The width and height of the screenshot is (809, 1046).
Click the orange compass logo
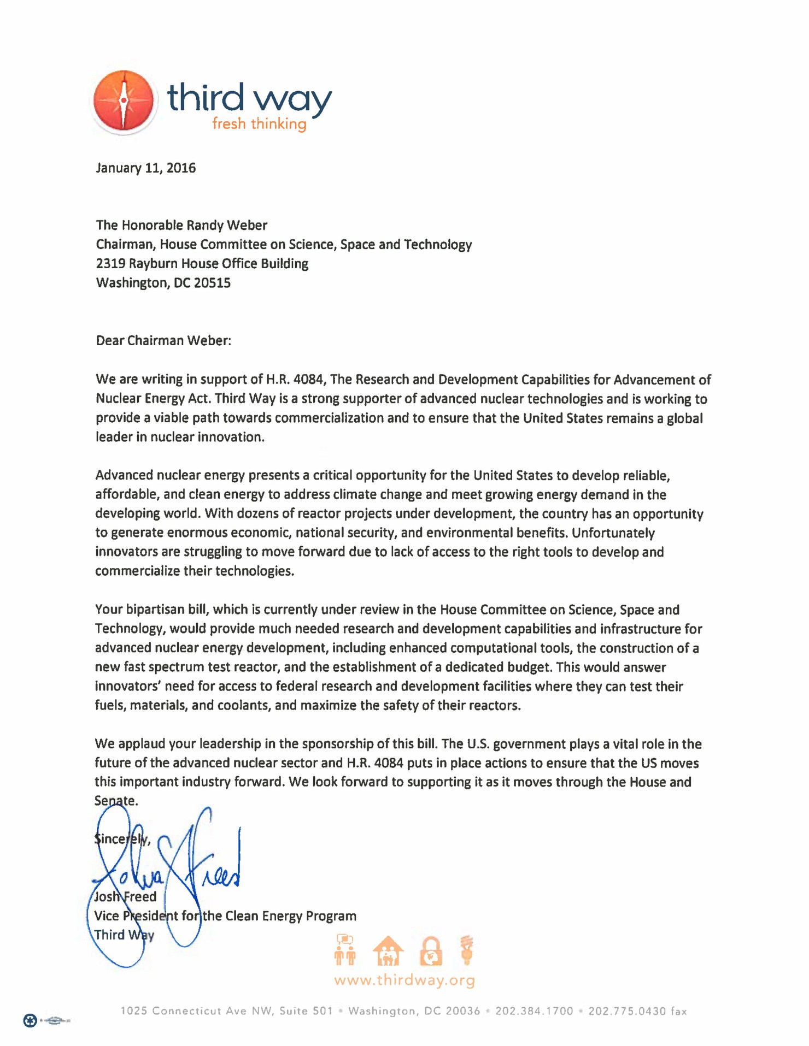point(124,102)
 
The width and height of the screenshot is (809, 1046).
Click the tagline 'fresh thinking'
point(259,124)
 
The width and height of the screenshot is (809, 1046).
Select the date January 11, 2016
point(146,168)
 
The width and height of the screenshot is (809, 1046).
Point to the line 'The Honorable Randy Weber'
point(181,225)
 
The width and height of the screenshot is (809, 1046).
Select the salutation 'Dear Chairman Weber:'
point(163,340)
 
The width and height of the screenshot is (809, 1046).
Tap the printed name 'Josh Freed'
point(125,896)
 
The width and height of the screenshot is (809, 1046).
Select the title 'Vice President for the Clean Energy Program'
point(225,916)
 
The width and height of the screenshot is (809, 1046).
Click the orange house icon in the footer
point(388,951)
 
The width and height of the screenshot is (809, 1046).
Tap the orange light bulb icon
point(467,950)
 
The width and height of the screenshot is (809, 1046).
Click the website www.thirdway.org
point(404,980)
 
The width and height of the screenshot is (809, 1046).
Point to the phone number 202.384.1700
point(534,1011)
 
